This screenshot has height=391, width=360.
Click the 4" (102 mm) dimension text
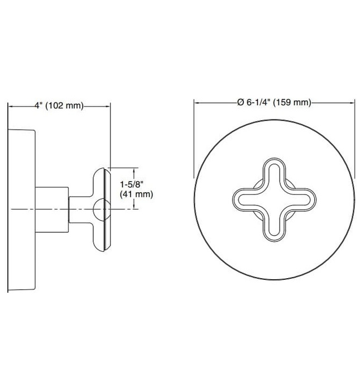pos(58,106)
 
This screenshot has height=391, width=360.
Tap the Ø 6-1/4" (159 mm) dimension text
pos(274,102)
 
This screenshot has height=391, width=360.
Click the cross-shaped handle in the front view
pos(273,201)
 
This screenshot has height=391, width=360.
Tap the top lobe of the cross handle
pos(274,170)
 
